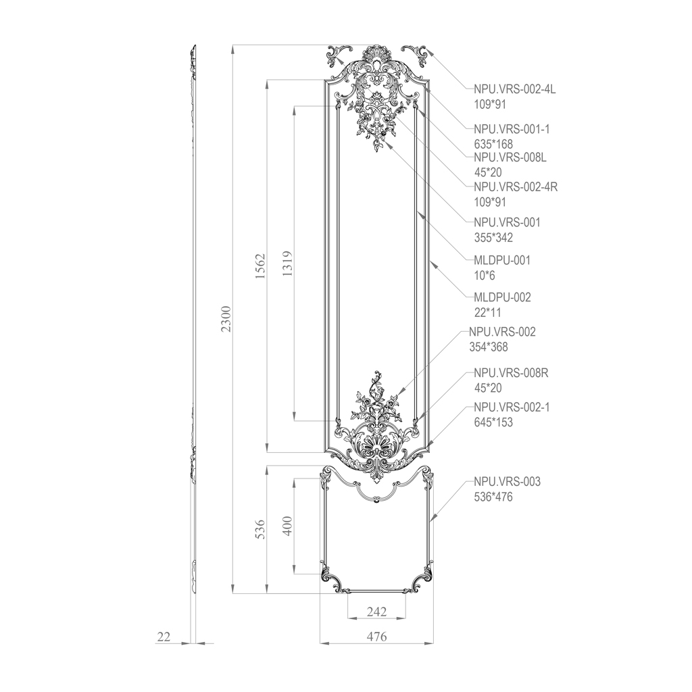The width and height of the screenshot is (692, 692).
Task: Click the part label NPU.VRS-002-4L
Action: [514, 89]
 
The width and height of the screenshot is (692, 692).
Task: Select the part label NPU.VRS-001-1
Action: [512, 129]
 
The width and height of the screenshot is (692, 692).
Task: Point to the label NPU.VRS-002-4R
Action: [516, 187]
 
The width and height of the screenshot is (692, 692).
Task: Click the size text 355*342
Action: [493, 237]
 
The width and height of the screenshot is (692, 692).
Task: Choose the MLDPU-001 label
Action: [502, 260]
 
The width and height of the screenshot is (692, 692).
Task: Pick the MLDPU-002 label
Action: [502, 297]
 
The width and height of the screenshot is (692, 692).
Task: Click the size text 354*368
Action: [489, 347]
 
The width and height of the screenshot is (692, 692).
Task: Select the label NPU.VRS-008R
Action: [511, 373]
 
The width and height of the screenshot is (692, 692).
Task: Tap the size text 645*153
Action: [493, 422]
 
